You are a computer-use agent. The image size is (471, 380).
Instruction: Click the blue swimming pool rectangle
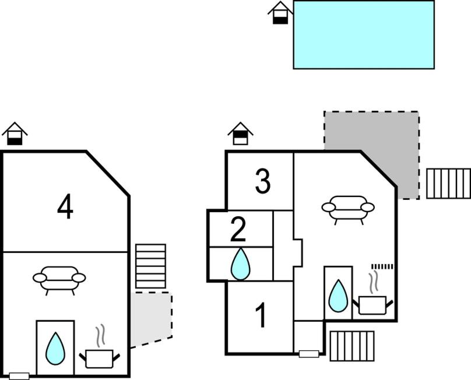pos(364,34)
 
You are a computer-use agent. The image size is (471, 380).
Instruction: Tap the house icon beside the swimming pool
pos(280,13)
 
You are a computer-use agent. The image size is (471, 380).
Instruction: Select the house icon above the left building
pos(15,133)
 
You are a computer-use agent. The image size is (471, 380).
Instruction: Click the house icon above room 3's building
pos(240,133)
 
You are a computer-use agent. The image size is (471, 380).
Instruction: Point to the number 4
pos(65,207)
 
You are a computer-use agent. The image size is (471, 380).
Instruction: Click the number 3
pos(263,182)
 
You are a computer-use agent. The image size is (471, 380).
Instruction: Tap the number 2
pos(238,230)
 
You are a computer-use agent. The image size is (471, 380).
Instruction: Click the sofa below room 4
pos(59,279)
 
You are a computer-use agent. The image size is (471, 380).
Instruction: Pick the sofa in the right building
pos(348,208)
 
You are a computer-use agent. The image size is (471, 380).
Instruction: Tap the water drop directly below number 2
pos(240,265)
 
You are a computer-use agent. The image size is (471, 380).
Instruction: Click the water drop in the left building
pos(55,348)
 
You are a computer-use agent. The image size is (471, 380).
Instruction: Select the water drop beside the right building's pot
pos(338,296)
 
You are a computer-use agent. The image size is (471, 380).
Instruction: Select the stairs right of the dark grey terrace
pos(448,184)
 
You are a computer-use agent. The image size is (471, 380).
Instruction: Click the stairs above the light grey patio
pos(150,266)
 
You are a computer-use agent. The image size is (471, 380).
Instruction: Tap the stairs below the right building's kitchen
pos(352,346)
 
